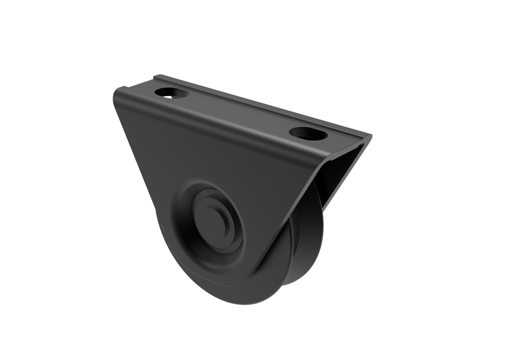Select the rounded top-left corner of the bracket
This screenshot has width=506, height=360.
(117, 90)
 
